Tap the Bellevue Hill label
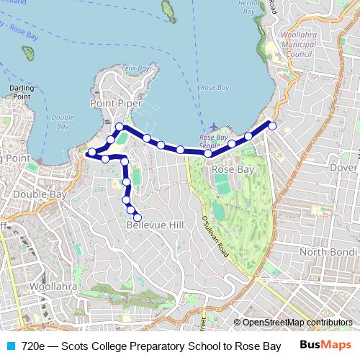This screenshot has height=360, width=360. pos(155,225)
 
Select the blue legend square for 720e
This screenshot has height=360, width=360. pos(10,346)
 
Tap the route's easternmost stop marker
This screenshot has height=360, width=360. pos(273,126)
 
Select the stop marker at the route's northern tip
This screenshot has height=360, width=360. pos(119,127)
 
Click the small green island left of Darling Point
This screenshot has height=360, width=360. pos(28,53)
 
